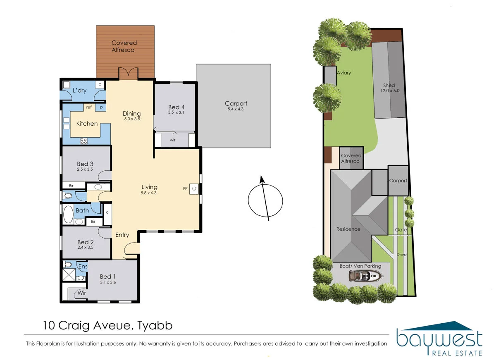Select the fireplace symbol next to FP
click(x=194, y=189)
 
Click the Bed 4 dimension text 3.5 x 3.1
click(x=176, y=112)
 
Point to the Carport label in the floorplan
click(x=236, y=104)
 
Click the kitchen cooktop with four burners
click(x=83, y=141)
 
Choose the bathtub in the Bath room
click(x=68, y=215)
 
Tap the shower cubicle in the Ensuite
click(x=69, y=274)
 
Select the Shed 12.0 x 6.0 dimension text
click(x=390, y=91)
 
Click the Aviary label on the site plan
click(x=343, y=73)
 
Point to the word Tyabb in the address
click(x=155, y=326)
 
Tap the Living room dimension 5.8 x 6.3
click(x=148, y=193)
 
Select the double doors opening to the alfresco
click(x=129, y=73)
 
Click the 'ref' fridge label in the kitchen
click(x=89, y=107)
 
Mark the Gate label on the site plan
click(x=401, y=230)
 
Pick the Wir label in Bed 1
click(x=82, y=293)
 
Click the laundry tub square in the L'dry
click(x=66, y=85)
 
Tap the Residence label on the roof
click(x=348, y=229)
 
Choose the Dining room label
click(x=132, y=114)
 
